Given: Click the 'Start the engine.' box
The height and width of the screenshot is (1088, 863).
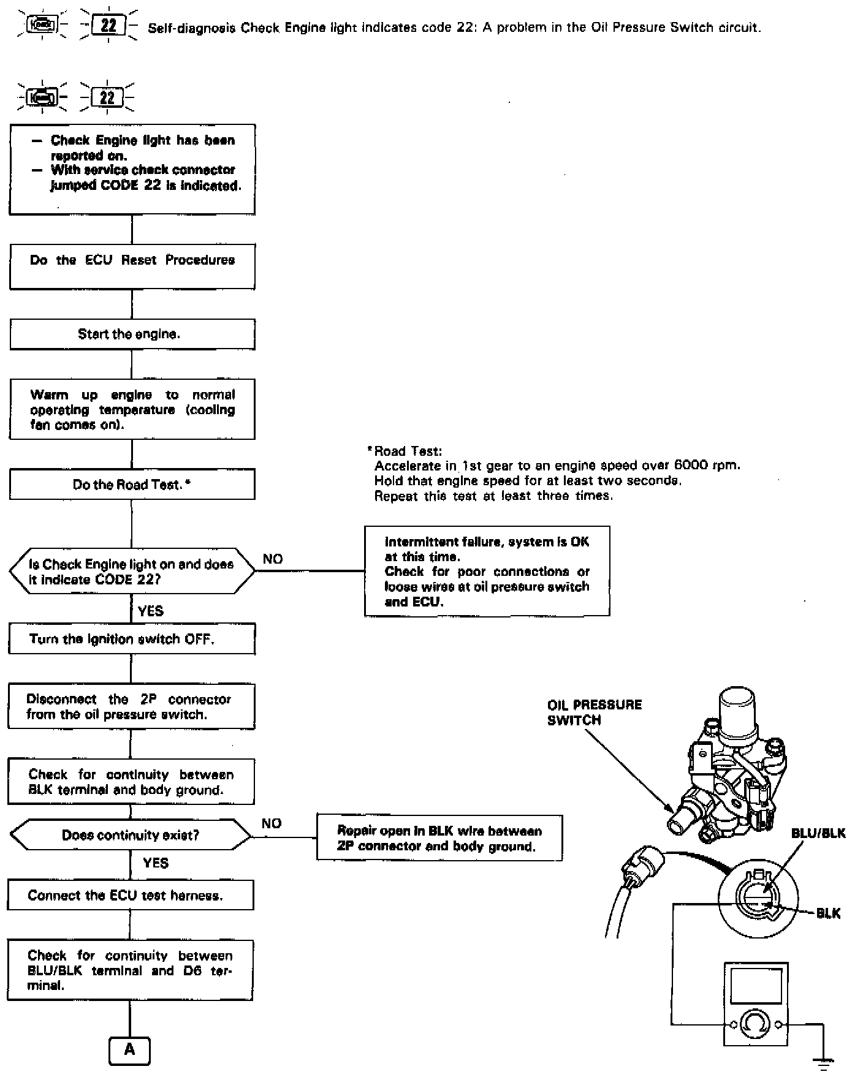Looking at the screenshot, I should click(x=132, y=334).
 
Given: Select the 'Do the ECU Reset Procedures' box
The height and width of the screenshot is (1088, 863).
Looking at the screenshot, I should click(x=132, y=266).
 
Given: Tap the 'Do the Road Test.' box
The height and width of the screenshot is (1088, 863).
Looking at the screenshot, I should click(x=132, y=485).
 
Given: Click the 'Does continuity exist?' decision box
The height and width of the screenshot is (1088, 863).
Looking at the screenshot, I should click(x=131, y=835).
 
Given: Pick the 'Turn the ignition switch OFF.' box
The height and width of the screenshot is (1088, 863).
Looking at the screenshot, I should click(x=131, y=640).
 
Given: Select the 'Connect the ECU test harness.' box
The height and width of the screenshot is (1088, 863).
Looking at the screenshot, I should click(x=131, y=895).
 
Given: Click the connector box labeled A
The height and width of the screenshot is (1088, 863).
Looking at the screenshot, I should click(x=129, y=1050).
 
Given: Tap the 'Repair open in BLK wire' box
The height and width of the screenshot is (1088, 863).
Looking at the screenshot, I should click(x=439, y=838).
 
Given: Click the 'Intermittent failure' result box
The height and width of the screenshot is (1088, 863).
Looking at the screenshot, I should click(x=487, y=571).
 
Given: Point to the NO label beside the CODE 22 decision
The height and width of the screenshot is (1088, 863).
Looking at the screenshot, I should click(x=273, y=559).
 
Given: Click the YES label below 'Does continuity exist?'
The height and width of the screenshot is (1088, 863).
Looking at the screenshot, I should click(x=155, y=863).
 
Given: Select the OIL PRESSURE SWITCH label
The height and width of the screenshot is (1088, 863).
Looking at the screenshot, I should click(x=594, y=712).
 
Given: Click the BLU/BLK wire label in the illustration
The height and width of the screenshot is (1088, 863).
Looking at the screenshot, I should click(x=818, y=833).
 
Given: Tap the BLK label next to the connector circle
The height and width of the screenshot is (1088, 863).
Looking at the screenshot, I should click(x=828, y=913).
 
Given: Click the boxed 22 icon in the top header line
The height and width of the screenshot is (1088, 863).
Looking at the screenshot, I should click(x=108, y=26).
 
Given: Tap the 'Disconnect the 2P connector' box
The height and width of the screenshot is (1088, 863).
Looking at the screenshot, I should click(x=131, y=707).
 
